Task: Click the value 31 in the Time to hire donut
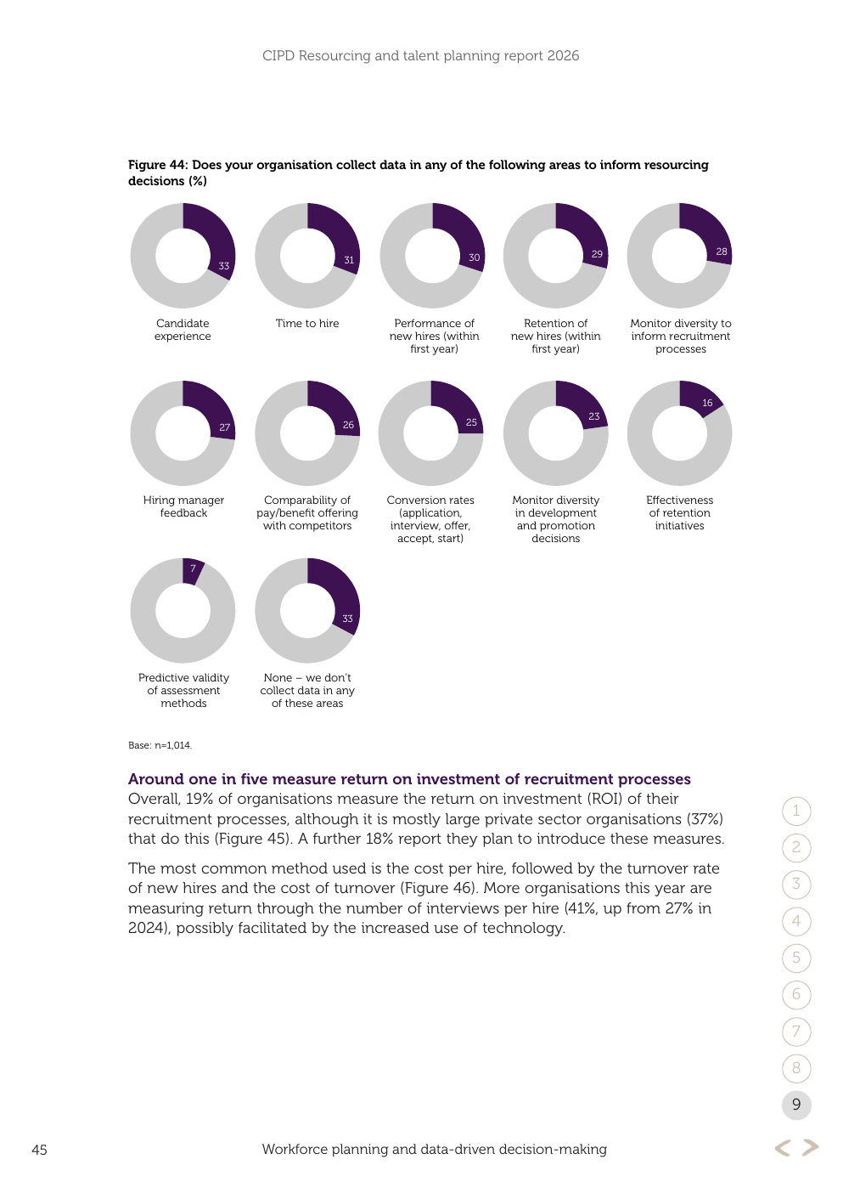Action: tap(349, 260)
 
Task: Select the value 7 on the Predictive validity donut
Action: tap(193, 568)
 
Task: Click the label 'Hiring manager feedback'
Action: tap(183, 506)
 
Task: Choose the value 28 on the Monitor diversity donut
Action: tap(721, 252)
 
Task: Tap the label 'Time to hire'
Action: tap(307, 323)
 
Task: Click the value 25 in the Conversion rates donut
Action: tap(471, 422)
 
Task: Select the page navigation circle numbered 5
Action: tap(796, 958)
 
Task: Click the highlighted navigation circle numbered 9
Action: tap(796, 1105)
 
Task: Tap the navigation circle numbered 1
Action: tap(796, 811)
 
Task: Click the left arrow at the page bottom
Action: tap(783, 1148)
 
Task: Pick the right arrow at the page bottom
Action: tap(810, 1148)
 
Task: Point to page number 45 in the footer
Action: tap(39, 1150)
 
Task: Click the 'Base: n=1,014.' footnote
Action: tap(160, 745)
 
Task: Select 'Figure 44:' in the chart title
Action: tap(158, 165)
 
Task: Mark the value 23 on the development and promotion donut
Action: tap(594, 416)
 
